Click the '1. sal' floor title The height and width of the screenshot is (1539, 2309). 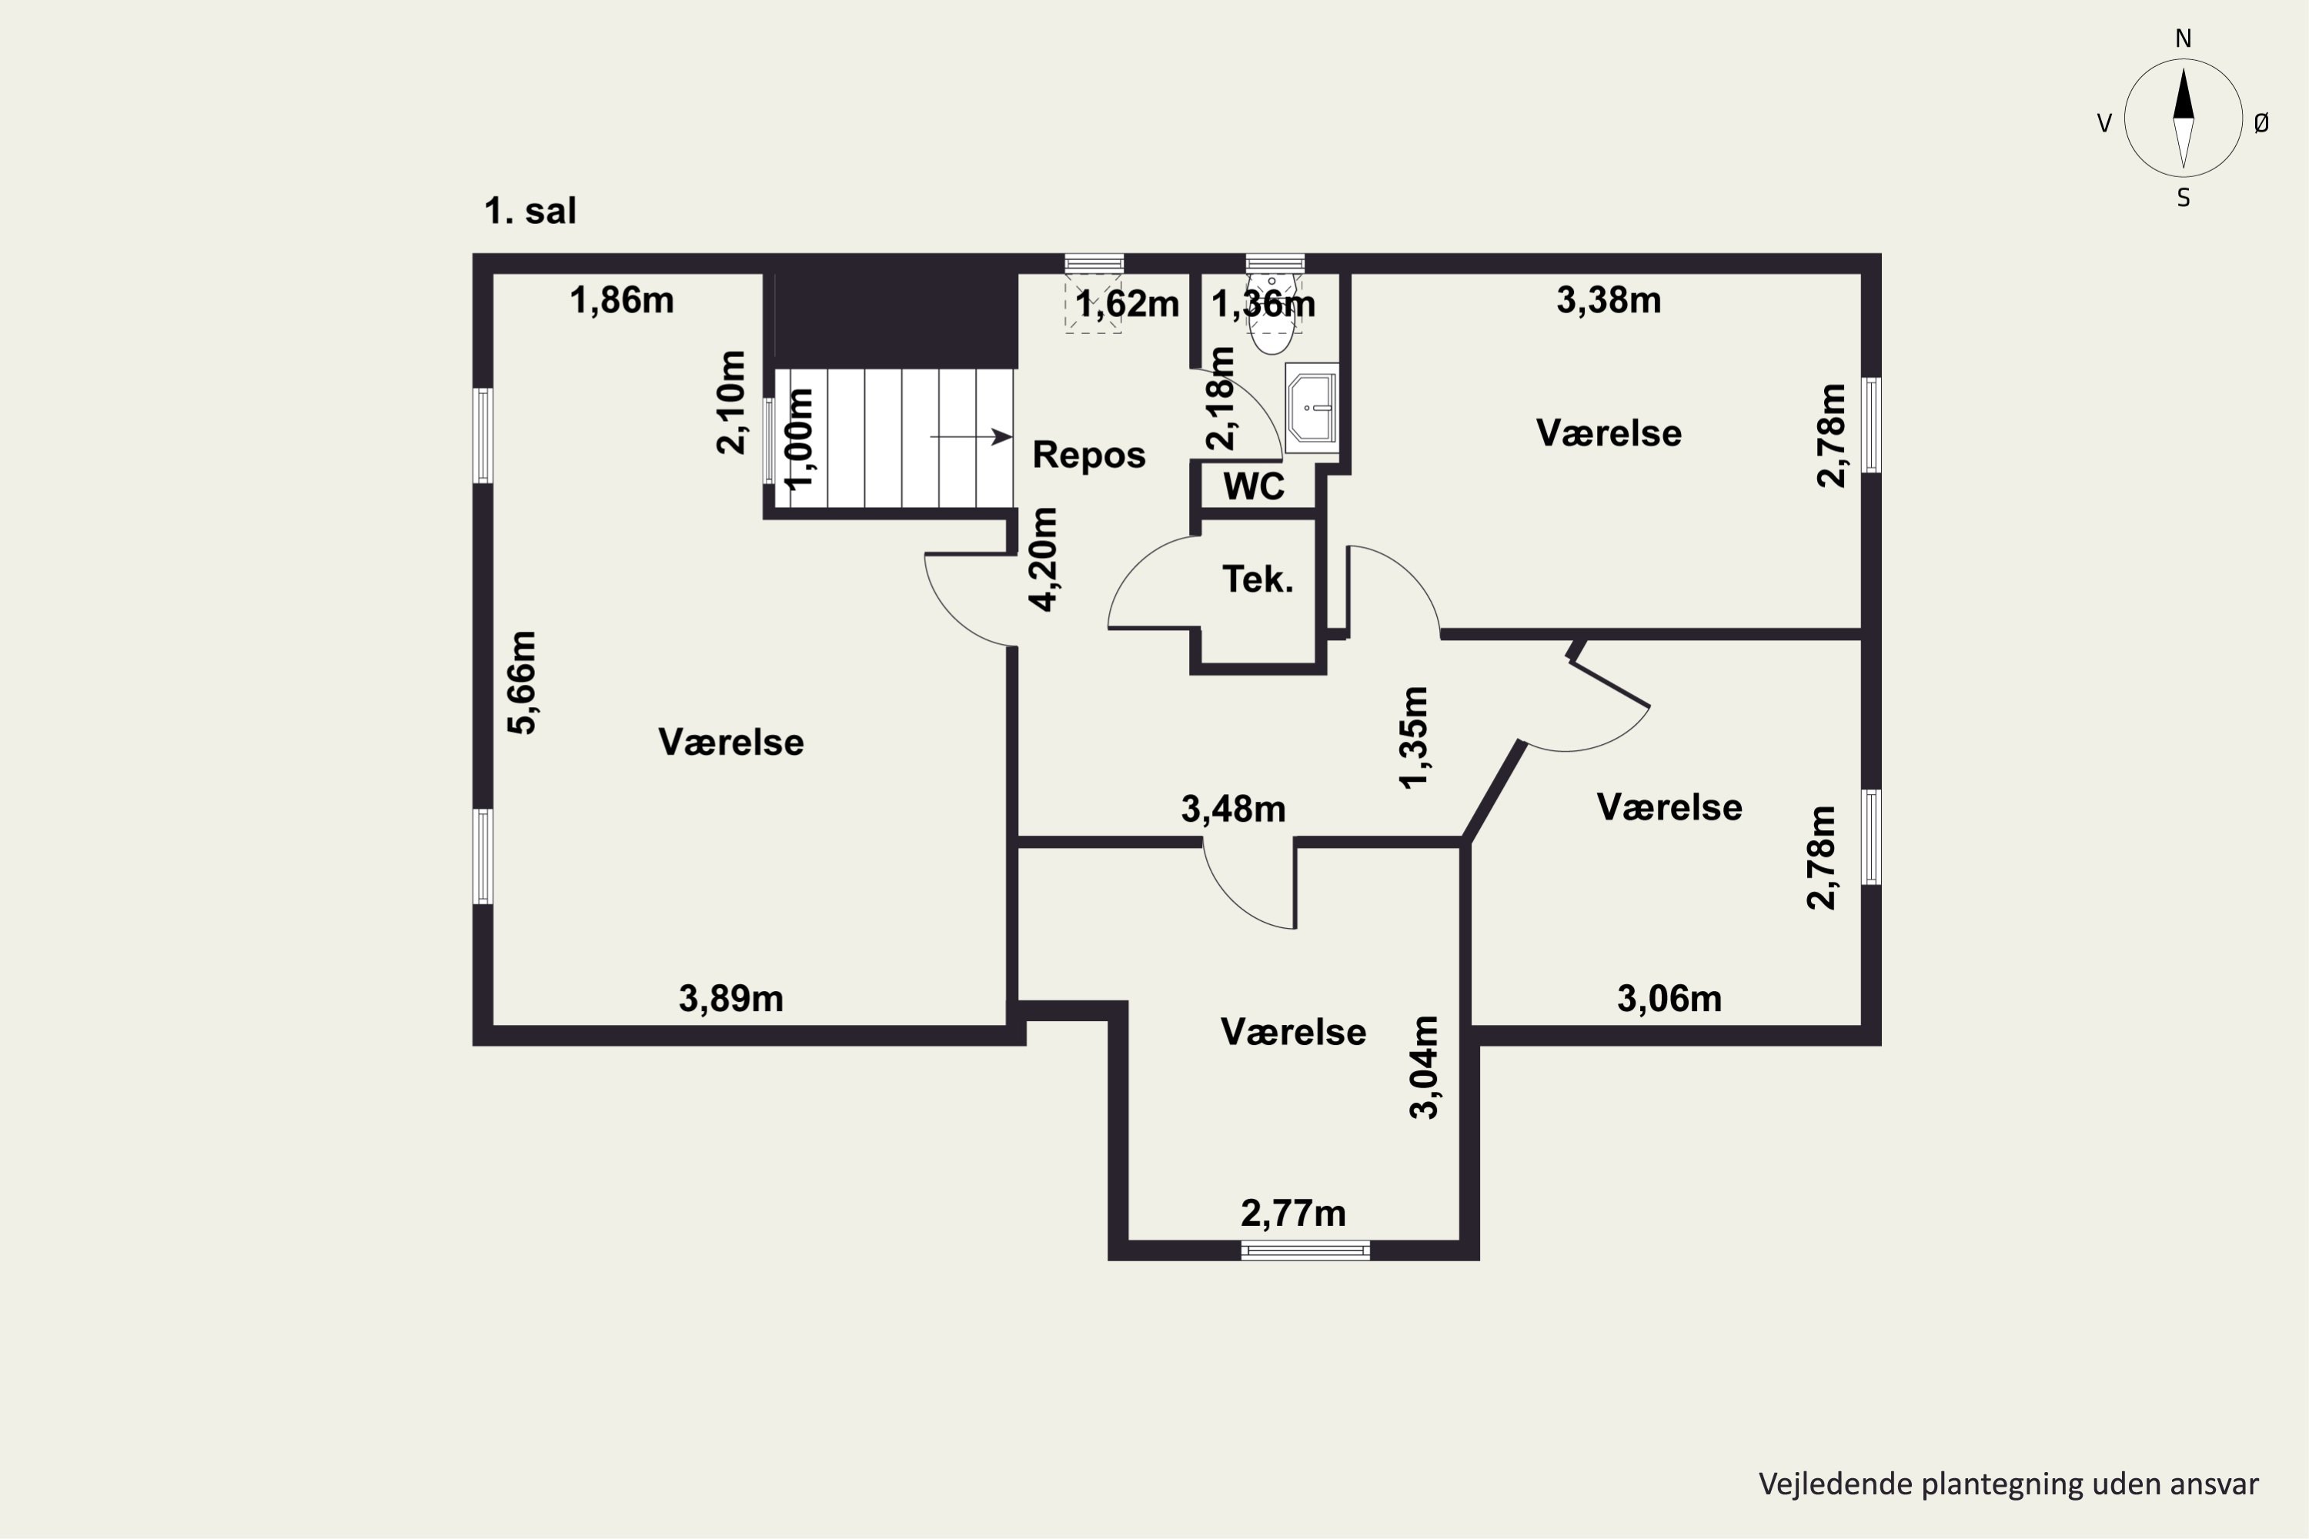click(530, 211)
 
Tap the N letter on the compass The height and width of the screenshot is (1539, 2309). click(2184, 38)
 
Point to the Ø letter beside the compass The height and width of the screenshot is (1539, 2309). click(2262, 122)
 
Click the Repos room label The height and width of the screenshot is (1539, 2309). click(1089, 456)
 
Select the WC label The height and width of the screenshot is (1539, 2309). click(1254, 486)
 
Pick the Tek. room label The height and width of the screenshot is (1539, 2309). click(1258, 579)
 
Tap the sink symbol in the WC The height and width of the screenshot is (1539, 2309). click(1312, 407)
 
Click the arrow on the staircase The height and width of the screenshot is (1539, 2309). click(971, 437)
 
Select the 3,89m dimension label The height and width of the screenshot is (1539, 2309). click(731, 999)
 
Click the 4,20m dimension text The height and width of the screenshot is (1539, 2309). click(1043, 559)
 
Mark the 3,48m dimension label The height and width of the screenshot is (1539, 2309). click(1233, 810)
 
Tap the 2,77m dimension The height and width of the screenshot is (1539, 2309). click(1293, 1214)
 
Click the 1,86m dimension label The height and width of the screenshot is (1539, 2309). click(621, 300)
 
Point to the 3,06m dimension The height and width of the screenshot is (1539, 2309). click(1669, 999)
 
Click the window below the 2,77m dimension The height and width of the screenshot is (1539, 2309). click(1305, 1250)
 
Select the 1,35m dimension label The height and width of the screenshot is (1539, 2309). click(1414, 737)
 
